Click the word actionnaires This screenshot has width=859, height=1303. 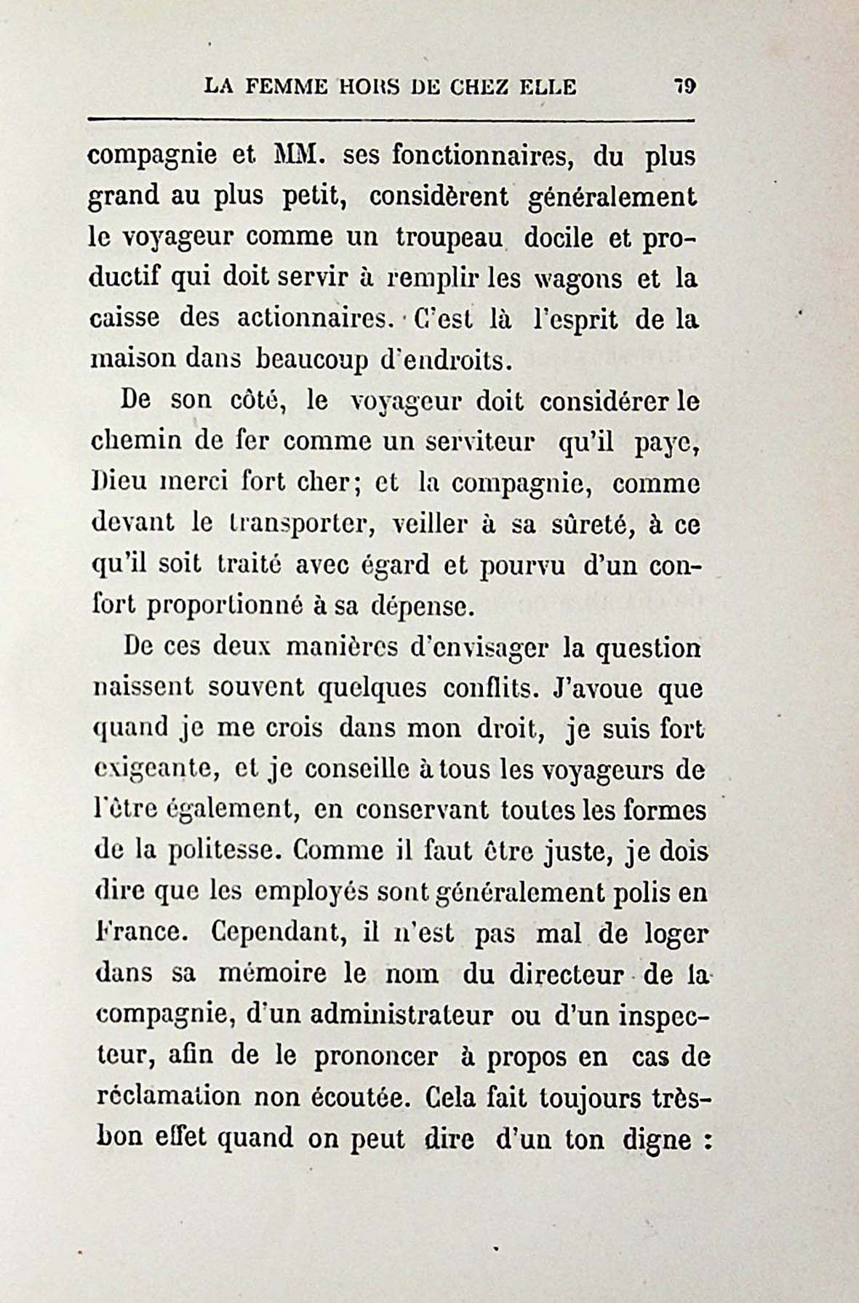[x=318, y=319]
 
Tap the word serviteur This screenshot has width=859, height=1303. [x=471, y=442]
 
